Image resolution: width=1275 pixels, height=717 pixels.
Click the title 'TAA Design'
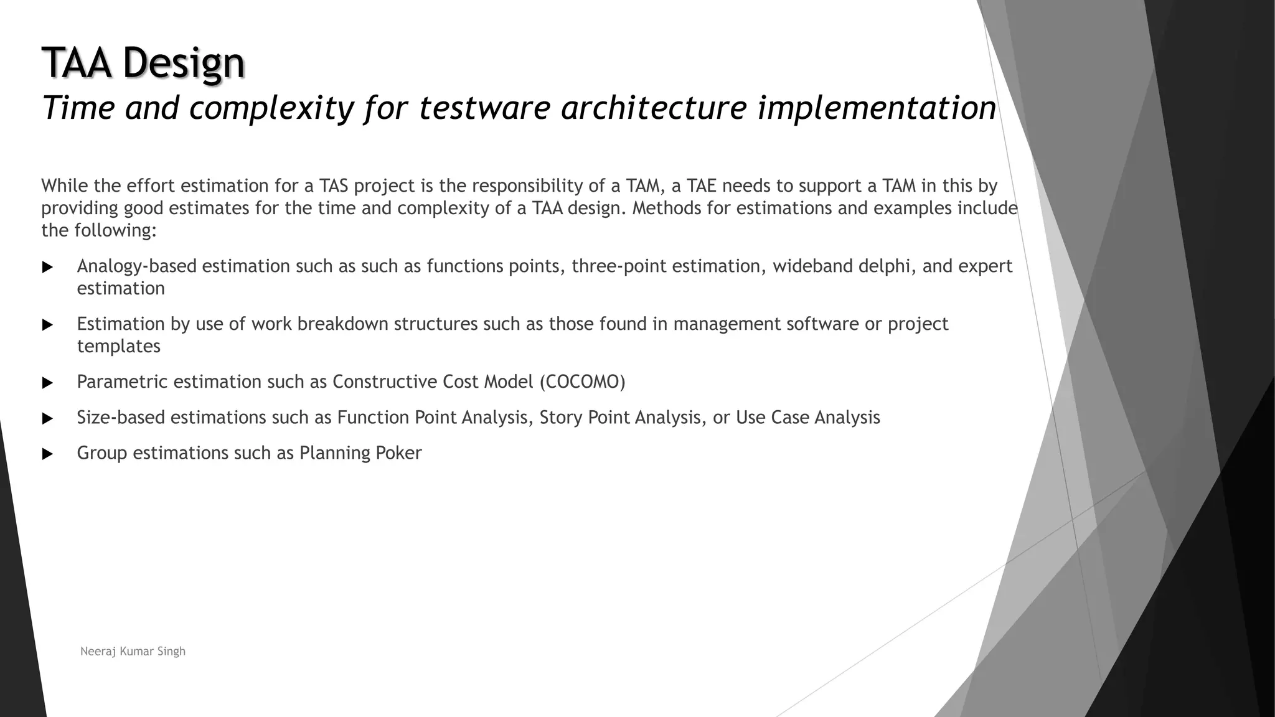pos(143,63)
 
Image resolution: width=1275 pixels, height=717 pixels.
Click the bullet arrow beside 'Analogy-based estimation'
pos(47,268)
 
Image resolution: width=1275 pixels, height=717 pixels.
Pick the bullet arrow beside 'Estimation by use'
pos(47,326)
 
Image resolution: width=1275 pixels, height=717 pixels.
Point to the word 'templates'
pos(118,346)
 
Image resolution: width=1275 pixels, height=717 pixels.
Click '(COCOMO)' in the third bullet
pos(582,382)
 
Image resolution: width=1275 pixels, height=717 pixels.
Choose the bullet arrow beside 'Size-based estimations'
pos(47,419)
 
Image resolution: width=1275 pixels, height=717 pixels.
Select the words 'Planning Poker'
pos(360,453)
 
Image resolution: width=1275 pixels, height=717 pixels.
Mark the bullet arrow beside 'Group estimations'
pos(47,454)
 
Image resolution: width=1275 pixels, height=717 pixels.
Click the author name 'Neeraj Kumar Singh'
pos(133,652)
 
